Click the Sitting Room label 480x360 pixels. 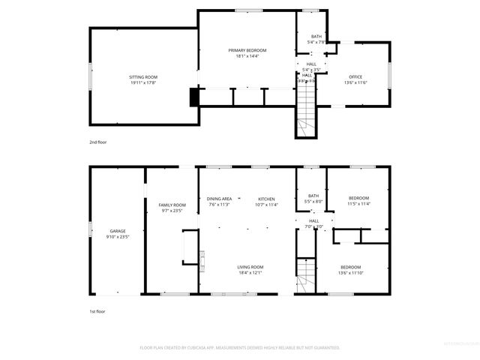pyautogui.click(x=142, y=77)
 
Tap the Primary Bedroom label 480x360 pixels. pyautogui.click(x=247, y=50)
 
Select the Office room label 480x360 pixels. pyautogui.click(x=355, y=76)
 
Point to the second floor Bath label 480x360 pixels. pyautogui.click(x=316, y=37)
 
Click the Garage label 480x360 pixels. pyautogui.click(x=118, y=231)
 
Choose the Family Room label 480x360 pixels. pyautogui.click(x=171, y=205)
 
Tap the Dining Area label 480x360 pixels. pyautogui.click(x=219, y=199)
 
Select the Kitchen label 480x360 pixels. pyautogui.click(x=267, y=199)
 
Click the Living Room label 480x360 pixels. pyautogui.click(x=250, y=267)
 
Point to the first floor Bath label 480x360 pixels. pyautogui.click(x=313, y=196)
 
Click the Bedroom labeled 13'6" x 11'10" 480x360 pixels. pyautogui.click(x=351, y=268)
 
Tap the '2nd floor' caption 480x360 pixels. pyautogui.click(x=97, y=142)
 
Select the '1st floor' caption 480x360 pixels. pyautogui.click(x=97, y=310)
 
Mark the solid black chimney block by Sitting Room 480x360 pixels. pyautogui.click(x=195, y=97)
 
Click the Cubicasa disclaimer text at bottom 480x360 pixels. pyautogui.click(x=240, y=348)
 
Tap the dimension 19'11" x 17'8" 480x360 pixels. pyautogui.click(x=142, y=82)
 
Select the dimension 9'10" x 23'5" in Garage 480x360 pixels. pyautogui.click(x=118, y=236)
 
